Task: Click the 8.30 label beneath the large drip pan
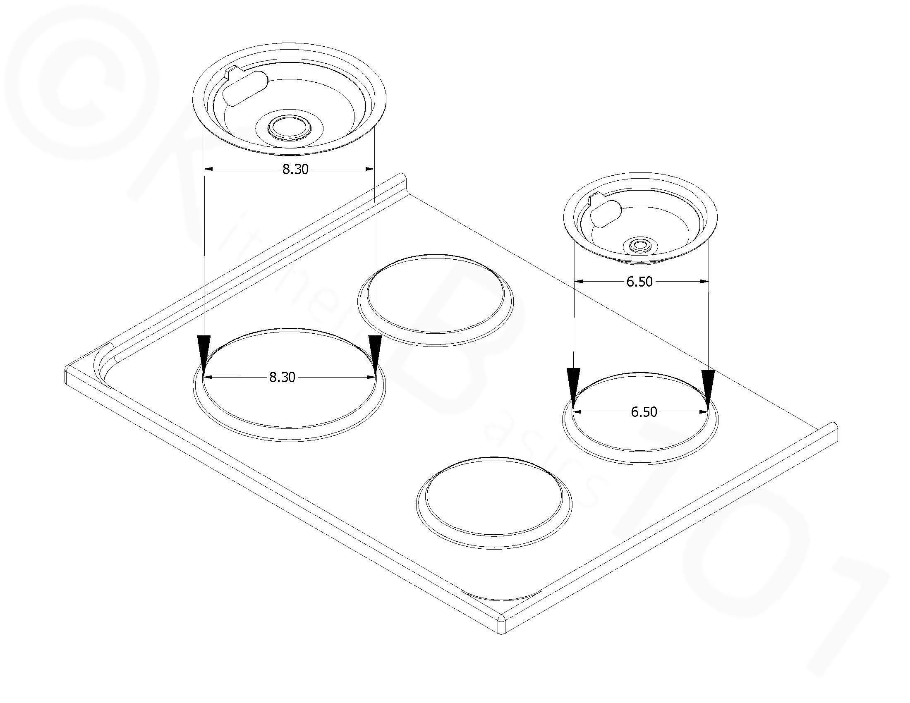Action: click(x=295, y=169)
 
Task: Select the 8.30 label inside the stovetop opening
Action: click(x=282, y=377)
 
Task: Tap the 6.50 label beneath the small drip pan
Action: click(x=639, y=282)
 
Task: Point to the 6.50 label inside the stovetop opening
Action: click(x=644, y=412)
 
